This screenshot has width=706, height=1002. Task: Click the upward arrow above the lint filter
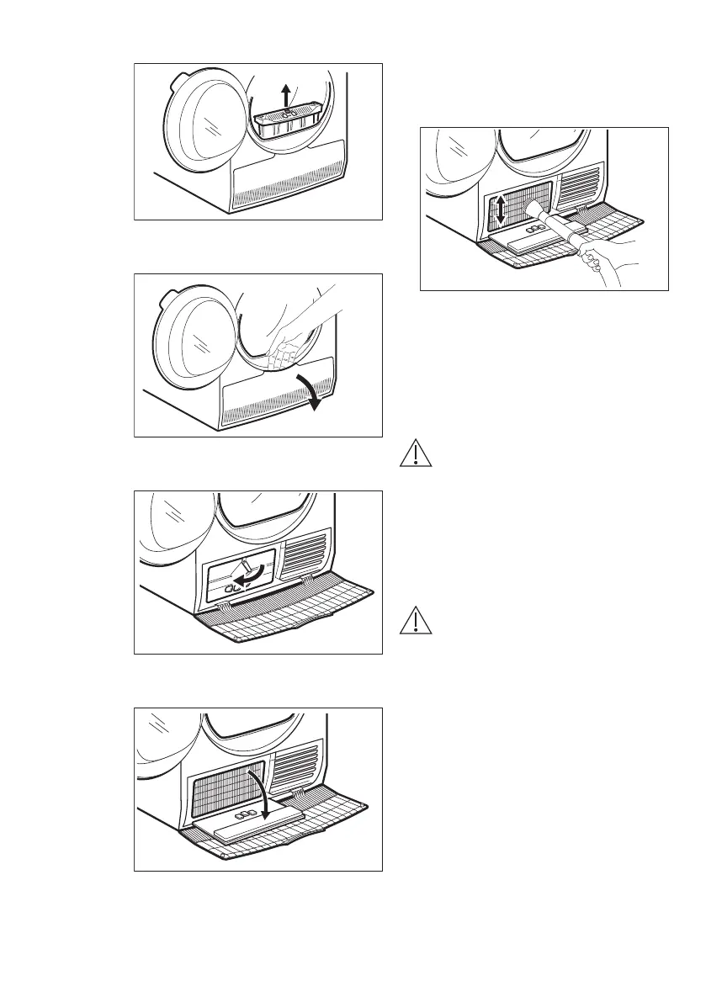pyautogui.click(x=287, y=93)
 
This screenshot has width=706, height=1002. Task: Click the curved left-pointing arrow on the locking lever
pyautogui.click(x=249, y=581)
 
